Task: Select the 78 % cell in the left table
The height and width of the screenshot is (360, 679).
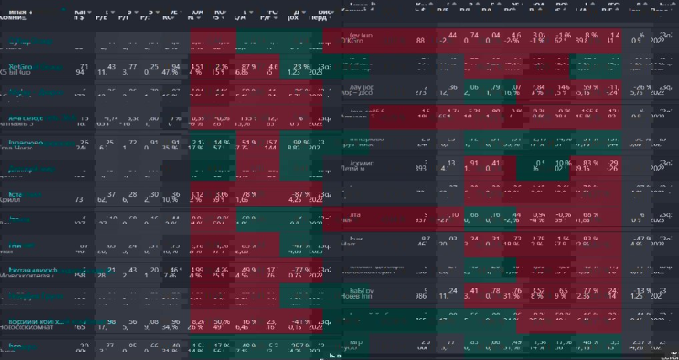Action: coord(248,194)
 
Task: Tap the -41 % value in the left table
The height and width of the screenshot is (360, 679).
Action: coord(301,321)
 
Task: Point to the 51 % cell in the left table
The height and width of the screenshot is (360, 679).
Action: coord(248,143)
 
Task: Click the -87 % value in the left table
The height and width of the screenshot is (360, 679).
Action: coord(301,194)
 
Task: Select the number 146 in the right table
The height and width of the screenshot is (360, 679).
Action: coord(564,87)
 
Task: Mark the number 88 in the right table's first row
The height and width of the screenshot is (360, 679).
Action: coord(420,41)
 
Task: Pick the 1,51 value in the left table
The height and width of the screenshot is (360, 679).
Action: coord(197,67)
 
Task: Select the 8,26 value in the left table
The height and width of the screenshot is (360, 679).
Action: coord(197,321)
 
